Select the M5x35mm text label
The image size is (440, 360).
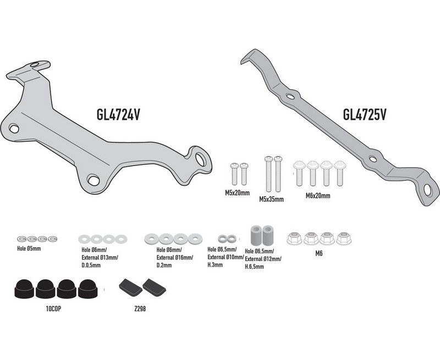(x=271, y=201)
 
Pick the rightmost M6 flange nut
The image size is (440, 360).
(x=344, y=238)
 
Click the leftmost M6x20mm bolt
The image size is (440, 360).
(x=300, y=172)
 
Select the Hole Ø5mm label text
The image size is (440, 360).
(x=29, y=248)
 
